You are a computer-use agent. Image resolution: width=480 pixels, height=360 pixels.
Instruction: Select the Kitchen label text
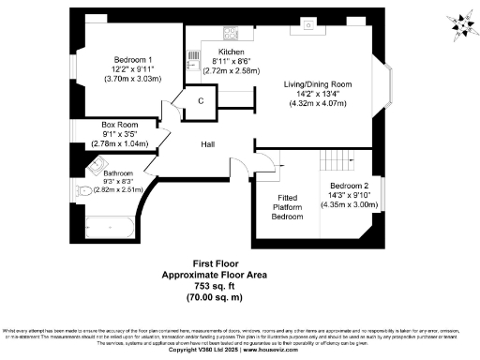232,52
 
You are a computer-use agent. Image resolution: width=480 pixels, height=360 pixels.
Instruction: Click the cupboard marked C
201,101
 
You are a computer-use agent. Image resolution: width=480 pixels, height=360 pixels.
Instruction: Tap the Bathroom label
119,173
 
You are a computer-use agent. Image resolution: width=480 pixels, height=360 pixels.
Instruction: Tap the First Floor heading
217,264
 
